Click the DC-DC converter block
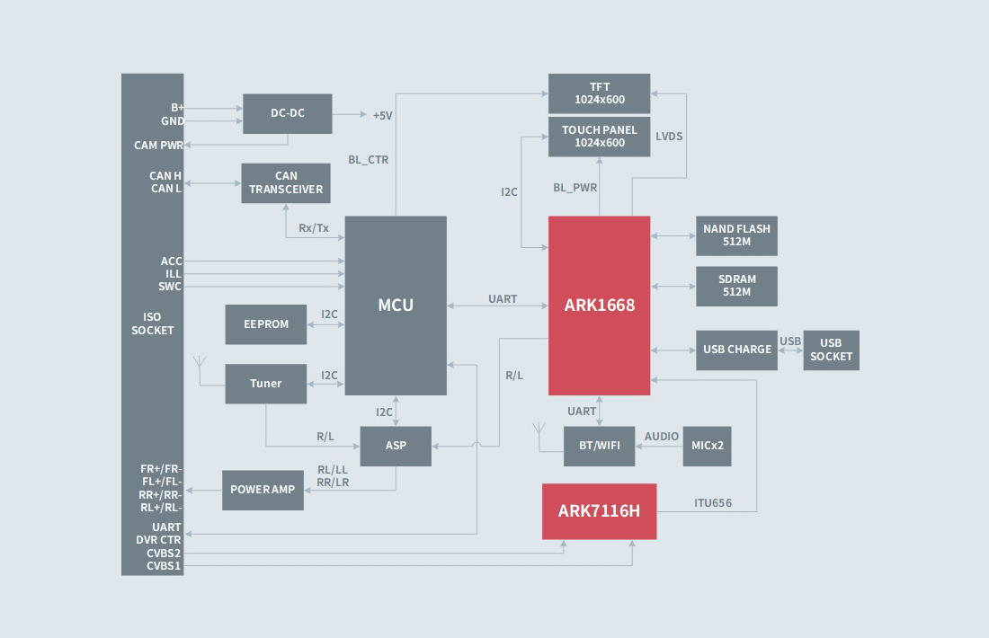288,114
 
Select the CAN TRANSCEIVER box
286,183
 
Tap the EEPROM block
266,324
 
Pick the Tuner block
266,384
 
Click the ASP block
396,446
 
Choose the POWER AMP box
263,490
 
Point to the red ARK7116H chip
599,511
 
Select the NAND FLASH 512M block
736,235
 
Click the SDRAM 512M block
736,286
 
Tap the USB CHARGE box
736,350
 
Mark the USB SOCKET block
831,350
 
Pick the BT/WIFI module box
599,446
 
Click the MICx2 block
707,446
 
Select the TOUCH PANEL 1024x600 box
599,137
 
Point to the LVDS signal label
669,137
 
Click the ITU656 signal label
713,503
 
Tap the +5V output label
383,116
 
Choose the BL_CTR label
369,160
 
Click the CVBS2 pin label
164,554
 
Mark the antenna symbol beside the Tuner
200,364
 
